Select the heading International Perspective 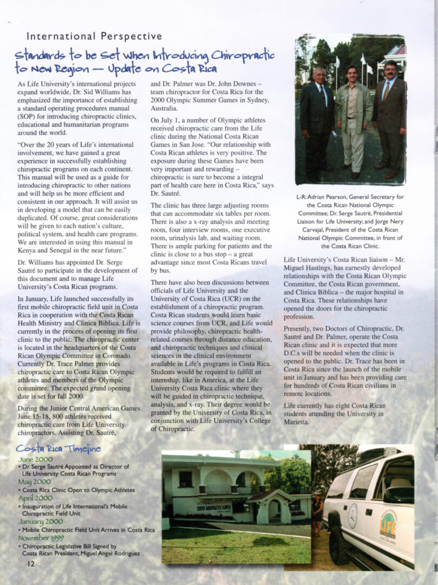tap(94, 36)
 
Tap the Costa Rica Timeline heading tap(58, 448)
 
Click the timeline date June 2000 tap(35, 459)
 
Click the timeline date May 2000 tap(35, 481)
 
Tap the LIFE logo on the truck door tap(388, 524)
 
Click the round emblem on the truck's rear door tap(353, 512)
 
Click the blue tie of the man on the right tap(387, 90)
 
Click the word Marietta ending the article tap(297, 422)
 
